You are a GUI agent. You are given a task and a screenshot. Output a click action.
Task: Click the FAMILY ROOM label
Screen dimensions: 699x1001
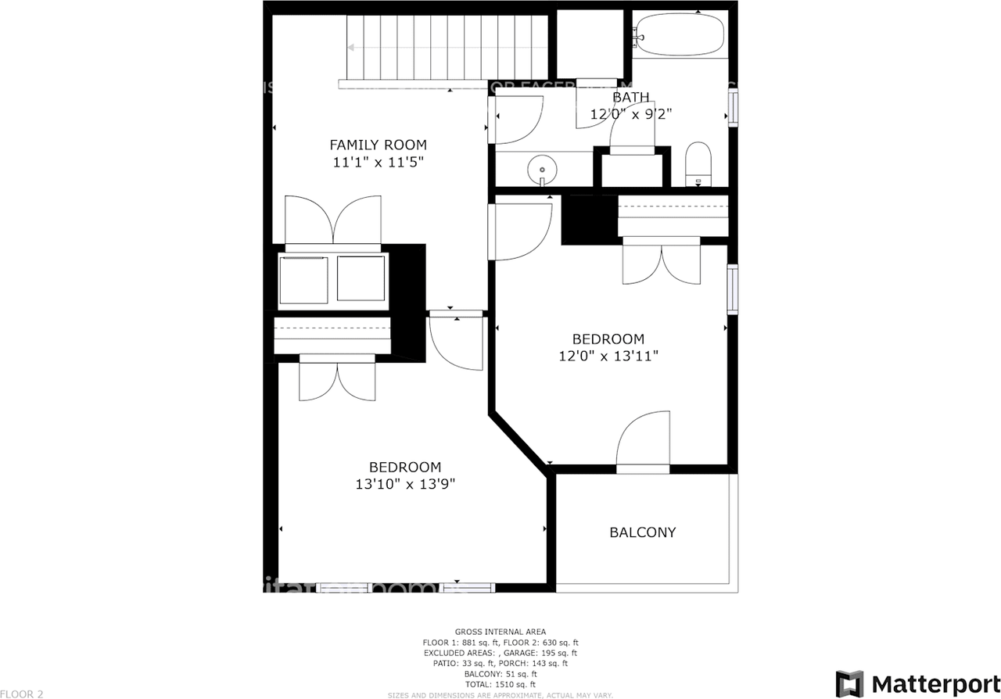click(378, 145)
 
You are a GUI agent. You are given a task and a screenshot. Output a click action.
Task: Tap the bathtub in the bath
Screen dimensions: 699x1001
click(679, 34)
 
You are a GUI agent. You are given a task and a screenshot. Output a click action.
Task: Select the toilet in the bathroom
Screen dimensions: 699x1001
click(698, 163)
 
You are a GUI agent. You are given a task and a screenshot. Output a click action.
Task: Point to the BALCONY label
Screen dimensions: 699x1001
click(642, 532)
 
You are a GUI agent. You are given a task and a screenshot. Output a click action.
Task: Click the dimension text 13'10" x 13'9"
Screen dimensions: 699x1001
click(404, 484)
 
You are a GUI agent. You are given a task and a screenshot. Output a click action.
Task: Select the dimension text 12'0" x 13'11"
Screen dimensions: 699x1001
click(608, 356)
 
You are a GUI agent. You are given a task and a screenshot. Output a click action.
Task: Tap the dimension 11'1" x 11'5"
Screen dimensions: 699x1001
click(378, 162)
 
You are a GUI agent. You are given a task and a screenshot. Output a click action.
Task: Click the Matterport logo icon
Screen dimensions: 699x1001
click(849, 683)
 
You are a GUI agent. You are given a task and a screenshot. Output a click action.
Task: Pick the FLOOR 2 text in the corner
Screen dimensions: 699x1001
click(22, 694)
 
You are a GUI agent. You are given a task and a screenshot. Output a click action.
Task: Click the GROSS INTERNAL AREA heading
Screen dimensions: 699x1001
click(500, 632)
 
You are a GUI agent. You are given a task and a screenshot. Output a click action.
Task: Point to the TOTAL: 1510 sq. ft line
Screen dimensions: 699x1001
click(500, 684)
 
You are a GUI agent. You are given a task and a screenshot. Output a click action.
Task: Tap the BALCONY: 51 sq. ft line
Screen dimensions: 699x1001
click(500, 674)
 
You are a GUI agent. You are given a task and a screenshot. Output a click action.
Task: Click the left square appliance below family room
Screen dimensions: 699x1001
click(304, 279)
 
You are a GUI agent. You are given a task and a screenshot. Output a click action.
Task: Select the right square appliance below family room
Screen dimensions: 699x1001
click(361, 278)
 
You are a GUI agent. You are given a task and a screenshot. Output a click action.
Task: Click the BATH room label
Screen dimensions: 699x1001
click(630, 98)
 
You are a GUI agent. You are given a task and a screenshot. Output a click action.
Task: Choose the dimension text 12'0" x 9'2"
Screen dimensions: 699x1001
click(630, 114)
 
